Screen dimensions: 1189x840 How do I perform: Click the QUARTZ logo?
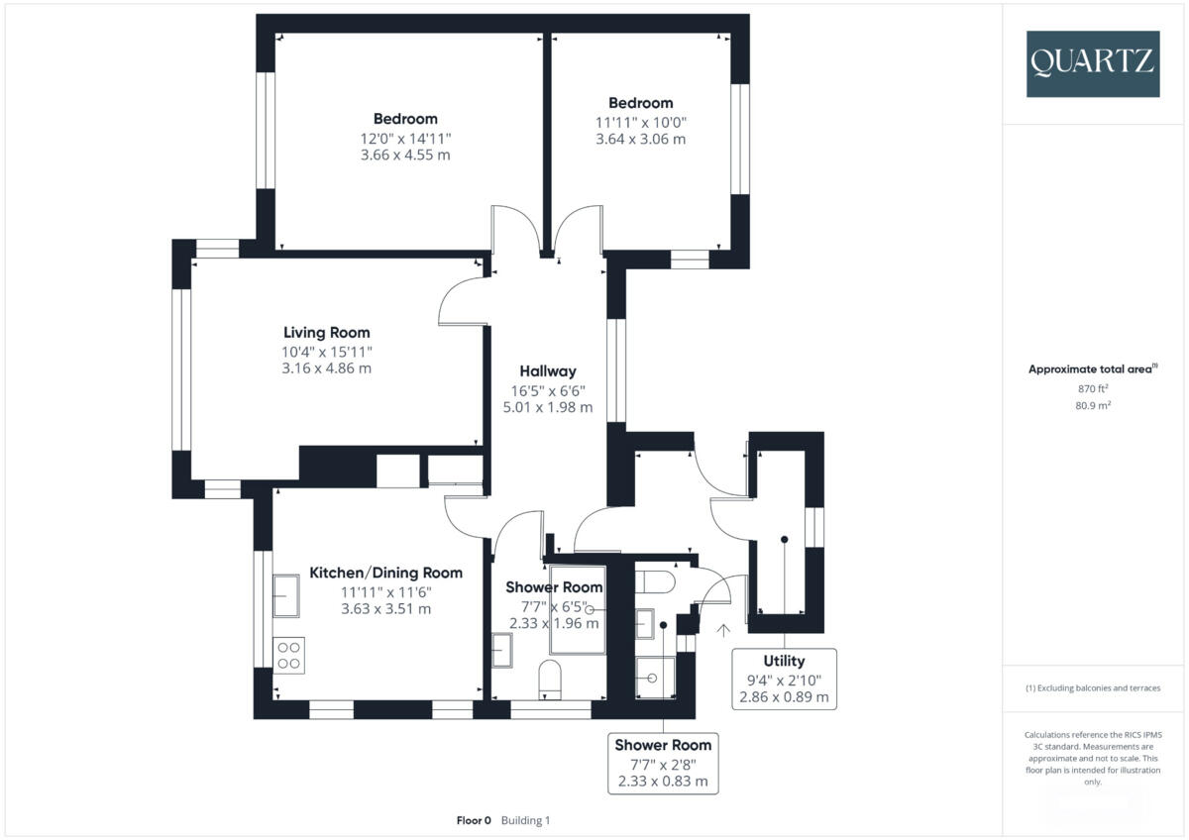tap(1092, 63)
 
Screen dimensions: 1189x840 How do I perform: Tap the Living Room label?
tap(326, 333)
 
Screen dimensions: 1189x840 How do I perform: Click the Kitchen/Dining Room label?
tap(385, 573)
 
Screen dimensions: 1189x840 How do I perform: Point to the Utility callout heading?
tap(784, 661)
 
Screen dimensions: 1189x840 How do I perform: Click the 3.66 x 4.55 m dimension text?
tap(405, 155)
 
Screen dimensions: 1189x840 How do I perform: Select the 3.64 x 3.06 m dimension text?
tap(640, 139)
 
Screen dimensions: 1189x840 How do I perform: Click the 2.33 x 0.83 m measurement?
tap(663, 781)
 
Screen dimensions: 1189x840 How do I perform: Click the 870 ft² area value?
tap(1091, 389)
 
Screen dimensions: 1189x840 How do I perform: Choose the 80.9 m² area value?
tap(1091, 405)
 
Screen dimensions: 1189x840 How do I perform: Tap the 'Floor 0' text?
tap(474, 820)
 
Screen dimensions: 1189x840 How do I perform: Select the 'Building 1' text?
tap(525, 820)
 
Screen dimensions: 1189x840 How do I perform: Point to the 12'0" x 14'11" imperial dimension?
tap(405, 138)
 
